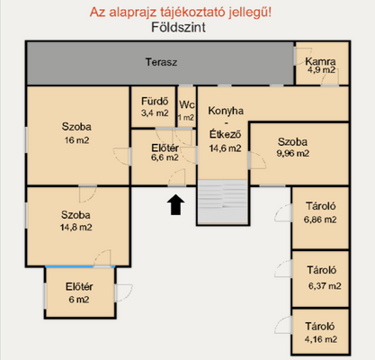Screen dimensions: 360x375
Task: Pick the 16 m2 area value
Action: coord(76,139)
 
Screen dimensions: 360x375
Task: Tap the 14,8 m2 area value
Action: coord(76,228)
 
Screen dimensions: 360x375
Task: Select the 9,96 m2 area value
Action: coord(293,153)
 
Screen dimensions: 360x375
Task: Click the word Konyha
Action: coord(225,110)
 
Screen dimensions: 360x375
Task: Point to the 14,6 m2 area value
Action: coord(225,148)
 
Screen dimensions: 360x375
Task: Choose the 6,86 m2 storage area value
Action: coord(320,219)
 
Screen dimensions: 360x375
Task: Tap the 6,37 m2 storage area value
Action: coord(323,286)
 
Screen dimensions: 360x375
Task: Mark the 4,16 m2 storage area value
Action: coord(320,338)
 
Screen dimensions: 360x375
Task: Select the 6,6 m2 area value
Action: coord(164,157)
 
